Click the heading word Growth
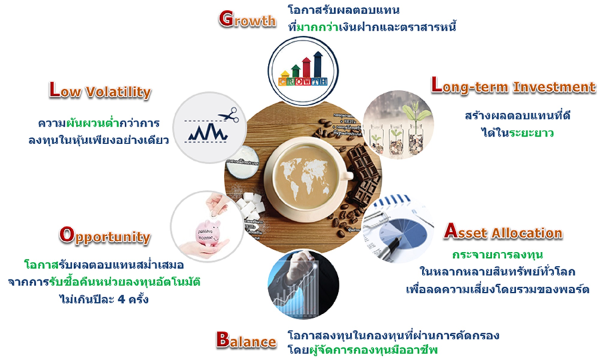[247, 19]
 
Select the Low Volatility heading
[100, 91]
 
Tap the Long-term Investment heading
[513, 86]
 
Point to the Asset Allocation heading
[503, 231]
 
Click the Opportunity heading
[105, 235]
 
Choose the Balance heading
[246, 340]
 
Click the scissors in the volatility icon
[229, 114]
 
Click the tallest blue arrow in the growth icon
[317, 65]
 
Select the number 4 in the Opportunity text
[122, 299]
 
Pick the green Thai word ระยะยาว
[531, 133]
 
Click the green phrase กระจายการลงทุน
[497, 255]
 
